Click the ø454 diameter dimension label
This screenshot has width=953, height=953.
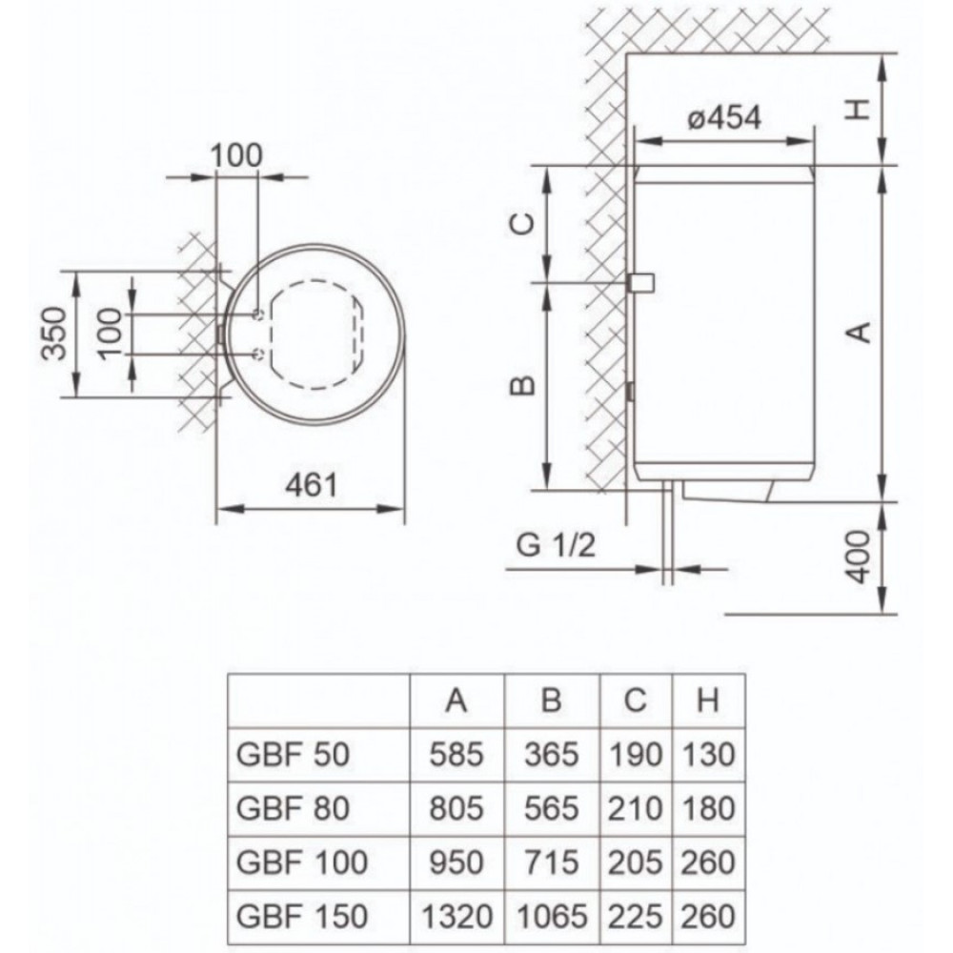click(x=724, y=118)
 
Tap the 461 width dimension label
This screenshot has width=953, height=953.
click(x=311, y=485)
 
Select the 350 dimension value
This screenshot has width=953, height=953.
click(x=53, y=334)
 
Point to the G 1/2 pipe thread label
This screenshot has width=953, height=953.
click(x=556, y=545)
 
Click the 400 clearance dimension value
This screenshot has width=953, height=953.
click(x=860, y=557)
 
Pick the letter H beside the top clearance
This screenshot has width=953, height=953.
click(x=859, y=110)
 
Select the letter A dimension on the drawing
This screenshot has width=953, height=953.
click(x=860, y=333)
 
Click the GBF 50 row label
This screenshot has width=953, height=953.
click(x=293, y=754)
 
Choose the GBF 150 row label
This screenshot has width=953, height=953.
click(x=301, y=916)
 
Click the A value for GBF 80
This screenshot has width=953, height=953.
click(x=456, y=808)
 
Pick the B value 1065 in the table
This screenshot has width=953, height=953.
click(x=552, y=916)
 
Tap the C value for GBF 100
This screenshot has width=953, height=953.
click(x=635, y=862)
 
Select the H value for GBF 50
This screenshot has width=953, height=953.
click(x=708, y=754)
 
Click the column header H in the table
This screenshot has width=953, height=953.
click(x=708, y=700)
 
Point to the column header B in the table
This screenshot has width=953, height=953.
click(x=551, y=700)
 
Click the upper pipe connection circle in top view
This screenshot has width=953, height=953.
click(x=257, y=314)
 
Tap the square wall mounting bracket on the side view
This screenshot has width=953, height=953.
click(x=640, y=283)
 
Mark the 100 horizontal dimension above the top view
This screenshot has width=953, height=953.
click(x=236, y=155)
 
